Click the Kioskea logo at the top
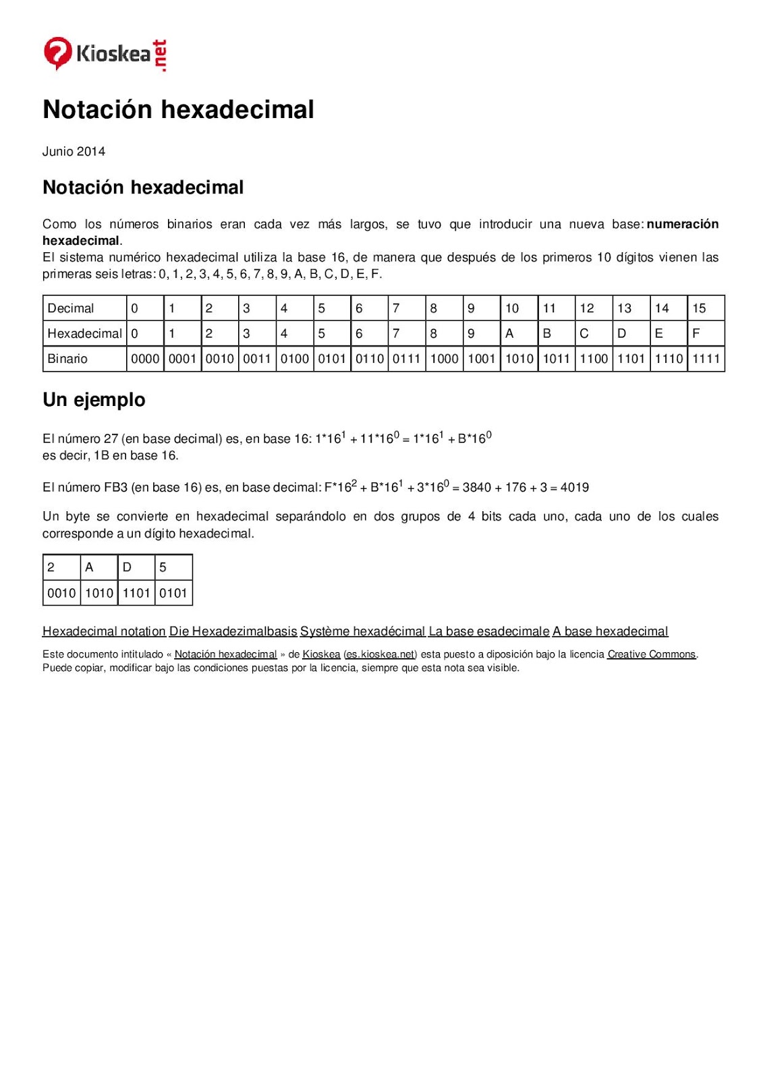click(105, 54)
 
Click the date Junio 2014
click(74, 151)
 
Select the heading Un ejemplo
click(94, 400)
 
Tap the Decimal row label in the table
click(71, 308)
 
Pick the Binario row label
click(67, 359)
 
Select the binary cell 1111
click(706, 359)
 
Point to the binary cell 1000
click(444, 359)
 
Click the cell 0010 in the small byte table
click(61, 593)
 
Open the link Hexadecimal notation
click(104, 631)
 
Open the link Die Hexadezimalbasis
click(233, 631)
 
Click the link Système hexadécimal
click(362, 631)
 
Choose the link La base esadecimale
click(489, 631)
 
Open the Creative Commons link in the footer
click(651, 654)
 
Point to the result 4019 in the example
click(575, 487)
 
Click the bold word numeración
click(682, 224)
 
